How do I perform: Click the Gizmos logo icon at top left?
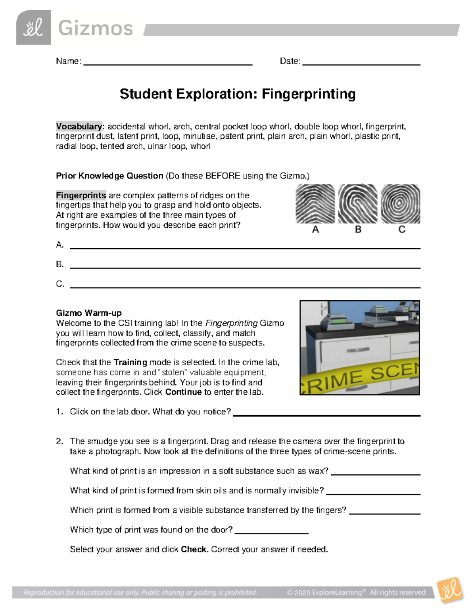[x=33, y=28]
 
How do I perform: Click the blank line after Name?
[x=168, y=63]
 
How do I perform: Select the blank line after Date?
[x=361, y=63]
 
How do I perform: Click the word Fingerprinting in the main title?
[x=308, y=94]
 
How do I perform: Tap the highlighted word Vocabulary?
[x=79, y=127]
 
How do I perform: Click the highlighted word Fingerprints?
[x=81, y=196]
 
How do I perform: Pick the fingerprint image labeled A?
[x=315, y=204]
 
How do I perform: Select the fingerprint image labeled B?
[x=358, y=204]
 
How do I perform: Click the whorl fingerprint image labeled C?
[x=400, y=204]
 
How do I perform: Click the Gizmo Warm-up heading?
[x=89, y=313]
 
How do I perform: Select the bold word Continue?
[x=183, y=392]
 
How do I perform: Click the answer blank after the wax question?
[x=375, y=474]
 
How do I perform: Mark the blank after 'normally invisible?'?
[x=372, y=493]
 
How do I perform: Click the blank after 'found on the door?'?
[x=272, y=532]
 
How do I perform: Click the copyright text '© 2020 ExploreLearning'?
[x=324, y=593]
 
